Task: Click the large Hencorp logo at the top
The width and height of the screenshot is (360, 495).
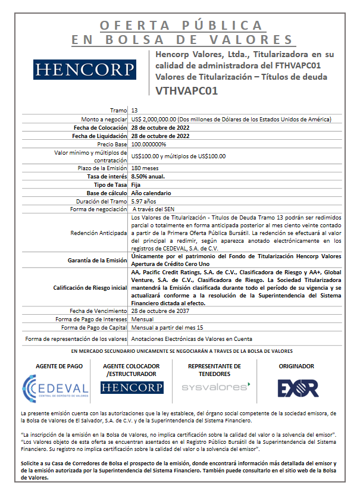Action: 84,70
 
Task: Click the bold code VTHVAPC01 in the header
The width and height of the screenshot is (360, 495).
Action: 186,91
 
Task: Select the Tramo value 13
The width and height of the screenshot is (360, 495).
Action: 134,111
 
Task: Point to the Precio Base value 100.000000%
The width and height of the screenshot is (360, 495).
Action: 149,144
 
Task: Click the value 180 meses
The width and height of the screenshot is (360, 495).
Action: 143,168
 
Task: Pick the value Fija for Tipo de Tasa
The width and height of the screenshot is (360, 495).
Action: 136,185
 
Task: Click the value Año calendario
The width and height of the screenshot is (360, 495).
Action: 151,193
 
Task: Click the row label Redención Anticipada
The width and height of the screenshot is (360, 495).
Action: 98,233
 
